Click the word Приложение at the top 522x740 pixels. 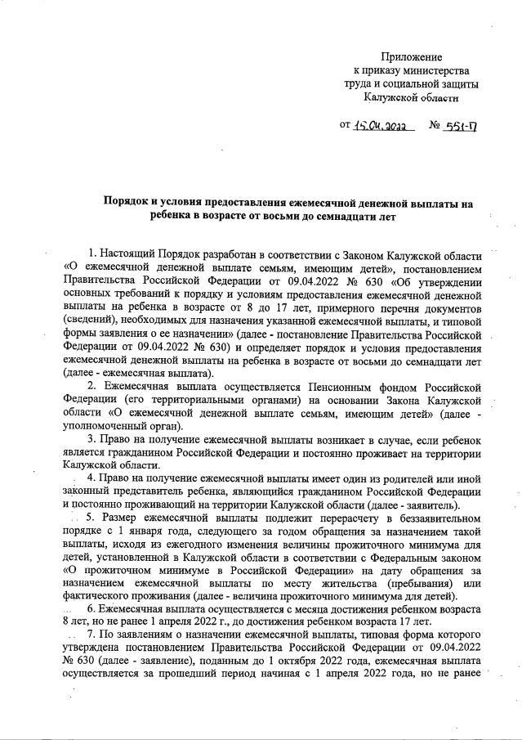point(411,57)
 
